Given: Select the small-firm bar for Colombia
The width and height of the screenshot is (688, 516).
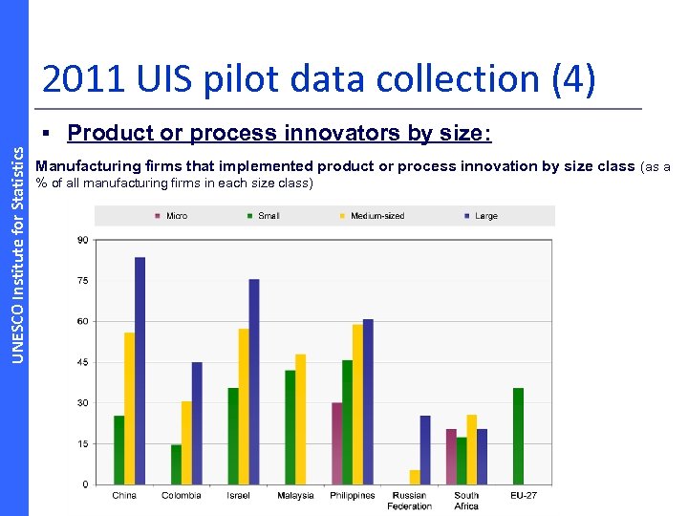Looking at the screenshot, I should pos(176,464).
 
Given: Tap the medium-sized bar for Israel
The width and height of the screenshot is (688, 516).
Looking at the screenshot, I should pos(244,406).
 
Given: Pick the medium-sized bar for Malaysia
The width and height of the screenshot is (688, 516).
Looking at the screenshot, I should pos(301,419).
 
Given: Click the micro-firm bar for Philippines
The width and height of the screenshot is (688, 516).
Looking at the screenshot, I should pos(336,443).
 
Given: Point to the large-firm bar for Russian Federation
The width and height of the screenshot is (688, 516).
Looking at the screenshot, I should pos(425,450).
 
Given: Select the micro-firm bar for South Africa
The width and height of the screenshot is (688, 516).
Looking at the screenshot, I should pos(451,457).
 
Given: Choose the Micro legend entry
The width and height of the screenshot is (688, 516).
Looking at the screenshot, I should pos(171,216).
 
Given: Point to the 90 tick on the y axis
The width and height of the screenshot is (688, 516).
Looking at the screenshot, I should pos(83,240).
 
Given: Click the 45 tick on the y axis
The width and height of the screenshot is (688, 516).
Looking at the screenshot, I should pos(83,362).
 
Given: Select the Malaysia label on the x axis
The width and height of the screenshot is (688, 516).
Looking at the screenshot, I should pos(295,495).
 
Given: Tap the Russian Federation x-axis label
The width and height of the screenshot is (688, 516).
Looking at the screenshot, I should pos(409,500).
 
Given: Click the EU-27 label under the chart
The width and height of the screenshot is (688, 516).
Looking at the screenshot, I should pos(524,495).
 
